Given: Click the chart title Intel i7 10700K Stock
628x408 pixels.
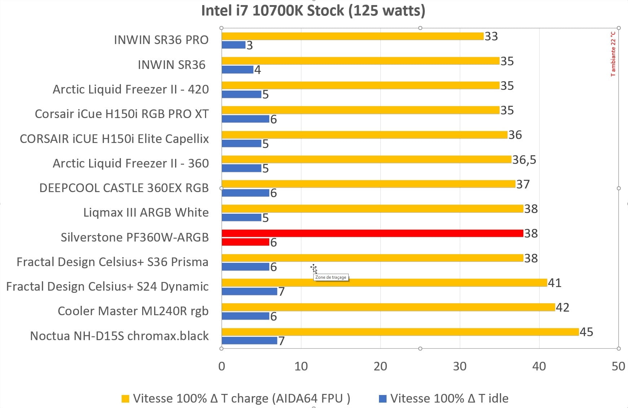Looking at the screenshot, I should point(313,11).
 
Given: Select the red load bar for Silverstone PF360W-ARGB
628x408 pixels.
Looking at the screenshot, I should point(372,233).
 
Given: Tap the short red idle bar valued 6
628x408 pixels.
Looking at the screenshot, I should point(245,242).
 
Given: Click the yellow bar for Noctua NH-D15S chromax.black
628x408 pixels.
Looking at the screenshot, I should point(400,332).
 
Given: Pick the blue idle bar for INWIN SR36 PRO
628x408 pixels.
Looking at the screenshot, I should point(234,45).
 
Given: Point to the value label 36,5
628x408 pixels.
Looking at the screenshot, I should point(524,160).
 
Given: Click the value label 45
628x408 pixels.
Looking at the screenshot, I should point(586,332).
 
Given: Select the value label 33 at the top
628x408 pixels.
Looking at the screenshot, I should point(491,36).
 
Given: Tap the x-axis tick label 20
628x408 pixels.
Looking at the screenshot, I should point(380,366).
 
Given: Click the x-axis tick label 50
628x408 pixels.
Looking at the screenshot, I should point(618,366).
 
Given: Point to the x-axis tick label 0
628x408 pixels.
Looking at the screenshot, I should point(222,366).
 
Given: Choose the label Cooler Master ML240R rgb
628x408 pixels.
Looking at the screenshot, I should point(133,311).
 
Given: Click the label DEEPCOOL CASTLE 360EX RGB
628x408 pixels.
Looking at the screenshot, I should point(124,188).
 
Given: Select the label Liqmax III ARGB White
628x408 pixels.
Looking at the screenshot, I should point(146,212).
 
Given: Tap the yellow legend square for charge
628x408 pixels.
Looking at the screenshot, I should point(125,399).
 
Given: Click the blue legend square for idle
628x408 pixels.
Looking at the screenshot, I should point(383,399).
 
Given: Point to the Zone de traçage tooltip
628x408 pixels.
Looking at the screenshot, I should point(331,277).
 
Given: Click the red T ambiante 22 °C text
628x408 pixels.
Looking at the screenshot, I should point(613,54).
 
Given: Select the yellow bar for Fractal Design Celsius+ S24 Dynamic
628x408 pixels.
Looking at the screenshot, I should point(384,283).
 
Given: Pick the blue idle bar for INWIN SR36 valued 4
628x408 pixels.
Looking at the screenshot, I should point(237,69).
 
